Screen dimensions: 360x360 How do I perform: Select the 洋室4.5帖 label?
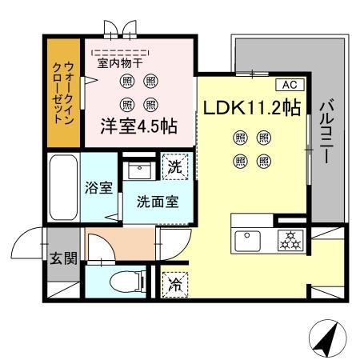pos(138,126)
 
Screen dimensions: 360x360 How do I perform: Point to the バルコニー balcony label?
pos(327,133)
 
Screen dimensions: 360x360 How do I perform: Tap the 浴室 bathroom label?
pos(99,188)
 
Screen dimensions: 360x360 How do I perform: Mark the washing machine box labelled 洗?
pos(176,168)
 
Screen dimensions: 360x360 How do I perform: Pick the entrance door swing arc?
pos(29,238)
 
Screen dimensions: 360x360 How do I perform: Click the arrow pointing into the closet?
pos(91,81)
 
